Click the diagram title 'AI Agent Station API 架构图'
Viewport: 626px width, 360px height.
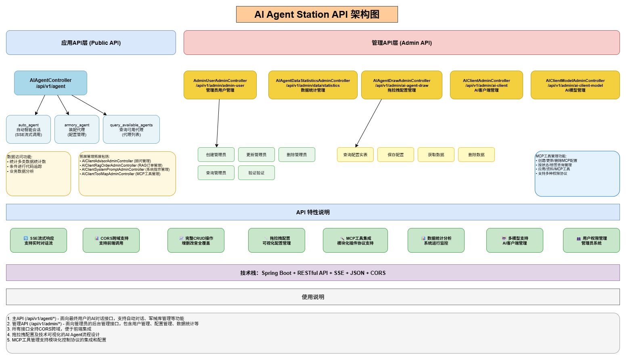point(317,15)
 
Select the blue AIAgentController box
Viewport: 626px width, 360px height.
point(50,83)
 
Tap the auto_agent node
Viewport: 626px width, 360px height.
point(28,130)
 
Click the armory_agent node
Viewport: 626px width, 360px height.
point(77,130)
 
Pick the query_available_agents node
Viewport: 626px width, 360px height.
point(131,130)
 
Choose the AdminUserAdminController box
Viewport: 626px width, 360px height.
point(220,85)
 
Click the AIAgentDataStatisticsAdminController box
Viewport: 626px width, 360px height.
point(313,85)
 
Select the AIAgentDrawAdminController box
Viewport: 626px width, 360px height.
point(402,85)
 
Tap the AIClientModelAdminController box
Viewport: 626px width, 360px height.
point(575,85)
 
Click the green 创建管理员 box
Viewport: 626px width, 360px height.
point(216,155)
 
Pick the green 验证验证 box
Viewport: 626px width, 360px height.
point(256,173)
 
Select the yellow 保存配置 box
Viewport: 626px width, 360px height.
point(396,155)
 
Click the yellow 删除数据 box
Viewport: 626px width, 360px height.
point(476,155)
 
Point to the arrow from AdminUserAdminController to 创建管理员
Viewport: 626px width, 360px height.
point(218,123)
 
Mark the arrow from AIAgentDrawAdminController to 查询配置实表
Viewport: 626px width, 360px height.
point(368,123)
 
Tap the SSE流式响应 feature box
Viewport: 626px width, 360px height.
point(38,241)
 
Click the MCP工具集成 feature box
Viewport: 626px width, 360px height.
point(355,241)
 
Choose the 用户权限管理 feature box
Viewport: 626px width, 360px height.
point(591,241)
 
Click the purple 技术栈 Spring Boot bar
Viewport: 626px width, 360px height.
point(313,273)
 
